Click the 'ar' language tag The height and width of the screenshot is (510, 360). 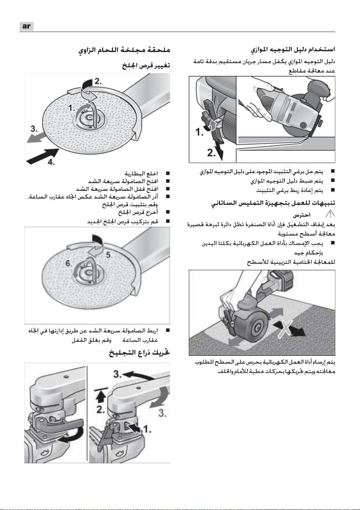click(x=27, y=26)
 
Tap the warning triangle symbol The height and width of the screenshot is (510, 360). click(x=330, y=214)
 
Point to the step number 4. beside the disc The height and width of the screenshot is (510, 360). click(x=51, y=162)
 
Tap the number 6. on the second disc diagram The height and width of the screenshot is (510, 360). click(x=69, y=263)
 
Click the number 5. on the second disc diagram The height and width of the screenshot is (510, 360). click(x=109, y=255)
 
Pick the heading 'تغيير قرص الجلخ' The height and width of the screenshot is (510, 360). click(x=146, y=66)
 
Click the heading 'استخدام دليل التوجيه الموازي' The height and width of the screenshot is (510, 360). click(x=293, y=49)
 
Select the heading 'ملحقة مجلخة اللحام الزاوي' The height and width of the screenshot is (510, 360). click(x=124, y=50)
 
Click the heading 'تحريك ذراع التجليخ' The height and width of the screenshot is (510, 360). click(x=140, y=353)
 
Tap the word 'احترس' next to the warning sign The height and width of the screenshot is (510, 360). click(x=301, y=215)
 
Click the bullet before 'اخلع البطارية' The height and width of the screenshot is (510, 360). click(x=168, y=174)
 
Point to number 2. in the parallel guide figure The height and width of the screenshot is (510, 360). click(x=211, y=153)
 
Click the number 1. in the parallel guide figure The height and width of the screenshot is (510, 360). click(x=200, y=132)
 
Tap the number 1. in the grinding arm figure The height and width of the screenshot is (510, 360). click(x=147, y=429)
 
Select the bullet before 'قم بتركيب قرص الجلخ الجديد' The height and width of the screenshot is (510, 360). click(x=168, y=221)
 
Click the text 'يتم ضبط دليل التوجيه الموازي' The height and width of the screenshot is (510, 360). click(x=287, y=181)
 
